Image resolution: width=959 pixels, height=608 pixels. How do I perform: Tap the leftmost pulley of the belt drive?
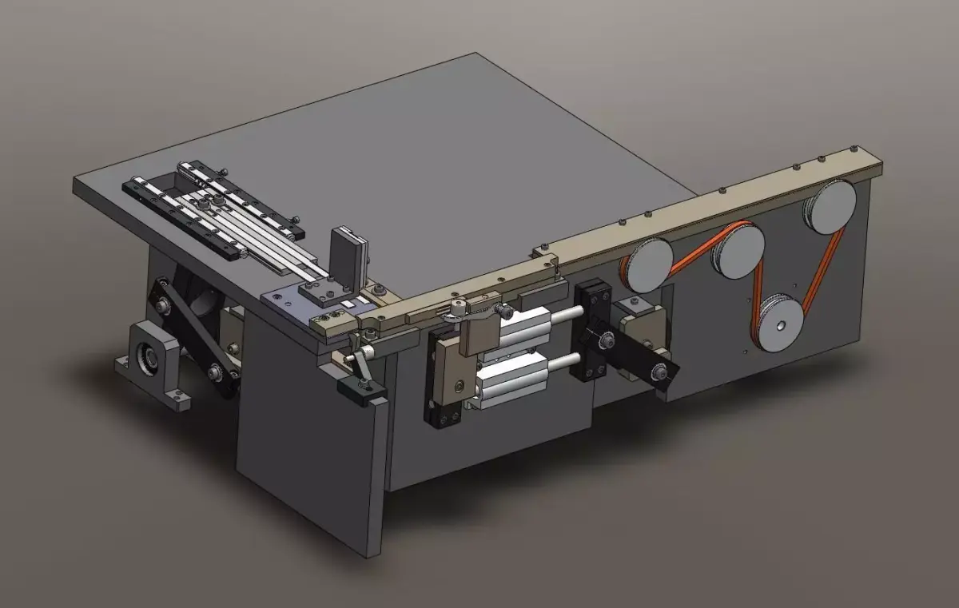click(649, 265)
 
